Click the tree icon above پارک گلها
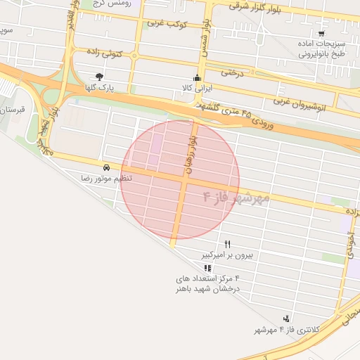99,77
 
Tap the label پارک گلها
100,88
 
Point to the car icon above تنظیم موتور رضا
105,168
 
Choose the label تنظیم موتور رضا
105,179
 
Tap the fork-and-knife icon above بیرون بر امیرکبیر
227,243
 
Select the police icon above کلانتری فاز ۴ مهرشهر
285,319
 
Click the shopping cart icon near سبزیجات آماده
321,33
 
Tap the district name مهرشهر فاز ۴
236,197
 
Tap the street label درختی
231,71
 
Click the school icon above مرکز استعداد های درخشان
207,268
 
